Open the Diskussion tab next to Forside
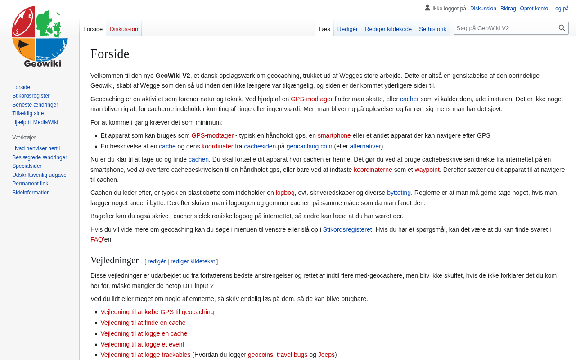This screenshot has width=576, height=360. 124,29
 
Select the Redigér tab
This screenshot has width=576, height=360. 347,29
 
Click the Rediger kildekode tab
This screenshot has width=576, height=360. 388,29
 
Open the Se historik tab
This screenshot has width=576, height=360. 432,29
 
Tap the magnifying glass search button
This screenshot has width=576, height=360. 562,28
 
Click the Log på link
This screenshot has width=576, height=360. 560,9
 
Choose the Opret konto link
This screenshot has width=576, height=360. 534,9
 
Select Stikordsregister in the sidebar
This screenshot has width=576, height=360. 31,96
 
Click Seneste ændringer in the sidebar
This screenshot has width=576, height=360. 35,105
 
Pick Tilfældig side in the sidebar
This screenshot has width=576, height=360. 28,113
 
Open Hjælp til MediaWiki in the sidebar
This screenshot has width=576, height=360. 35,122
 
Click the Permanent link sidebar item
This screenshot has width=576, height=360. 30,184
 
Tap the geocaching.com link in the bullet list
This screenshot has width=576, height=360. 309,146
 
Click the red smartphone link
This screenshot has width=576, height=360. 334,135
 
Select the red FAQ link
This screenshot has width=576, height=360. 96,239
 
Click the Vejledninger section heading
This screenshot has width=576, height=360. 114,260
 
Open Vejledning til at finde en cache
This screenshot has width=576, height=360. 143,323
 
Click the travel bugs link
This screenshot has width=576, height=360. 292,355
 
